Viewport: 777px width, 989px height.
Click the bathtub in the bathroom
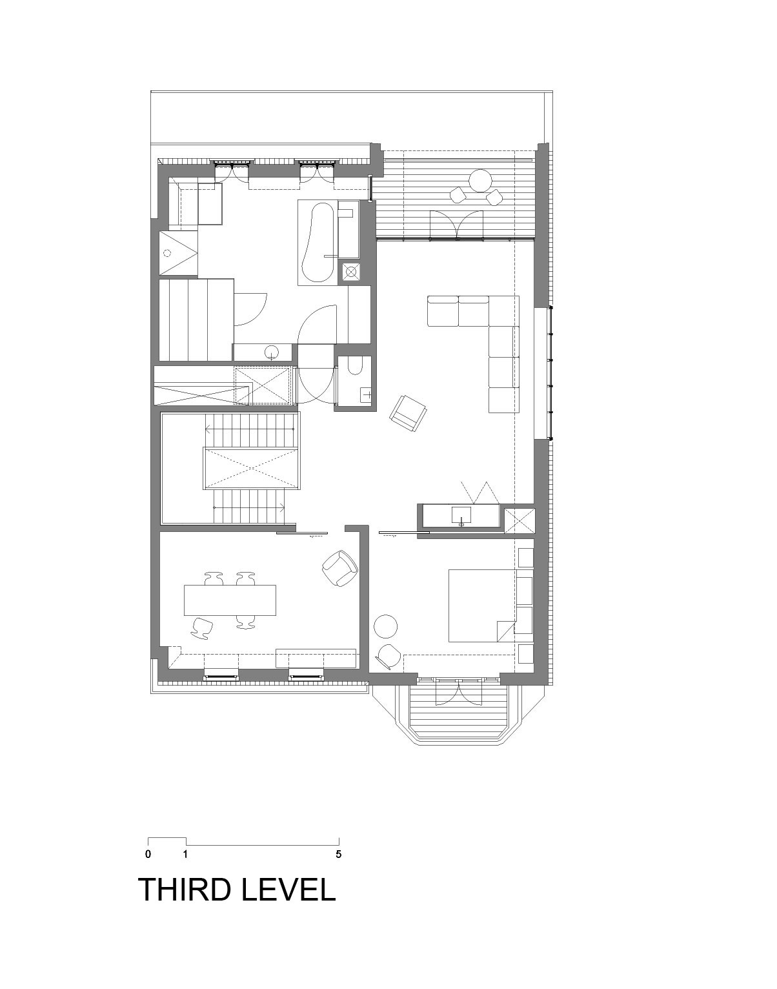[x=317, y=243]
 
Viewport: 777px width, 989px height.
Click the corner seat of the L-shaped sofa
[x=503, y=311]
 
